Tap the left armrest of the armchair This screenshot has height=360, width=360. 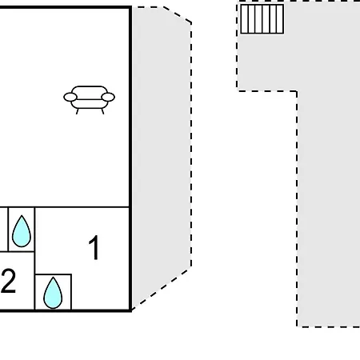click(x=70, y=97)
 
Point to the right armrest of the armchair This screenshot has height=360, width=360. click(x=108, y=97)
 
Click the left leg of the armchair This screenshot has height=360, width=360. click(x=78, y=111)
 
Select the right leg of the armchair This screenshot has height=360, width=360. click(x=102, y=111)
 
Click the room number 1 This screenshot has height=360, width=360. click(x=94, y=247)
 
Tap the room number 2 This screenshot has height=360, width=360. click(x=8, y=281)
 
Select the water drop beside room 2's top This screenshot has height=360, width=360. click(x=22, y=231)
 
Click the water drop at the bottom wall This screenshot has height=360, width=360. click(x=53, y=293)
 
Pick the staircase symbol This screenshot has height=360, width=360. click(x=262, y=19)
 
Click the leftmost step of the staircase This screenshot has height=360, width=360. click(x=244, y=19)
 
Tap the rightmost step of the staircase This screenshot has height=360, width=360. click(x=280, y=19)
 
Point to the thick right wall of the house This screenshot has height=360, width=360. click(x=130, y=158)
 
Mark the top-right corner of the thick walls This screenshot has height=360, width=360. click(x=130, y=7)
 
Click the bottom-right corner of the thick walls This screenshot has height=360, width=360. click(x=130, y=310)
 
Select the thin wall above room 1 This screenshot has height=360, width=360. click(x=82, y=207)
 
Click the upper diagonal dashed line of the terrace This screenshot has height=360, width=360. click(x=177, y=15)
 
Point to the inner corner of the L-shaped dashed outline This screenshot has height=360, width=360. click(x=297, y=91)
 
